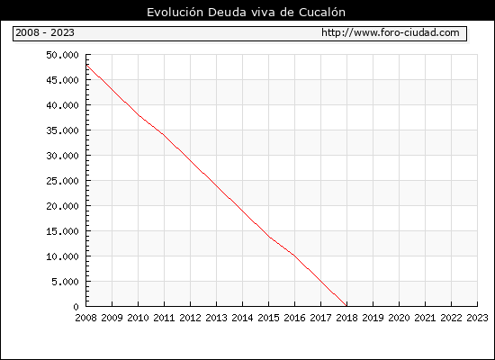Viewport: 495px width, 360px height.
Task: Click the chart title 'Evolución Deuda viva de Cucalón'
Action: coord(246,12)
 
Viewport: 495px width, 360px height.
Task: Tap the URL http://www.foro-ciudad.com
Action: coord(391,32)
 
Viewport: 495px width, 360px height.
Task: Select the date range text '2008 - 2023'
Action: coord(45,32)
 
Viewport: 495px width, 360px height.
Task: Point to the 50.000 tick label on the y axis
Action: coord(62,55)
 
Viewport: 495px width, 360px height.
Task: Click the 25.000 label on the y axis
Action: coord(62,181)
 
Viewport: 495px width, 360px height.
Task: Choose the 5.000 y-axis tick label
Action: coord(65,282)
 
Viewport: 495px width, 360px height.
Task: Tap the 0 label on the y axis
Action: coord(76,307)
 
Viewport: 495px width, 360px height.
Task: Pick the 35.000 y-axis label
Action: coord(62,130)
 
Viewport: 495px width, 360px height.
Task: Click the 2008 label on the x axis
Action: coord(85,318)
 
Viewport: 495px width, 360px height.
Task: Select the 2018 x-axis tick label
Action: coord(346,318)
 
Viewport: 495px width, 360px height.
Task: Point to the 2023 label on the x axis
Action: coord(477,318)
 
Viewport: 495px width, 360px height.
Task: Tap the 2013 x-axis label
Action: coord(216,318)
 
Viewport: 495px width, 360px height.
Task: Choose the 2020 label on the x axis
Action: coord(399,318)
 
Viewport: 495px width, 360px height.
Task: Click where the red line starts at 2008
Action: coord(86,65)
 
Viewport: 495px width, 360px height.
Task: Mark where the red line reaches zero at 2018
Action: coord(346,306)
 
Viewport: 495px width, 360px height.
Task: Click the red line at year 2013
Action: coord(216,185)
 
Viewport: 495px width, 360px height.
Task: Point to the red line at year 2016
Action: coord(294,256)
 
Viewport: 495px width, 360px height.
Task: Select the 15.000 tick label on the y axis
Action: coord(62,231)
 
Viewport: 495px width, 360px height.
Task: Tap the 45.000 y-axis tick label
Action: coord(62,80)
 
